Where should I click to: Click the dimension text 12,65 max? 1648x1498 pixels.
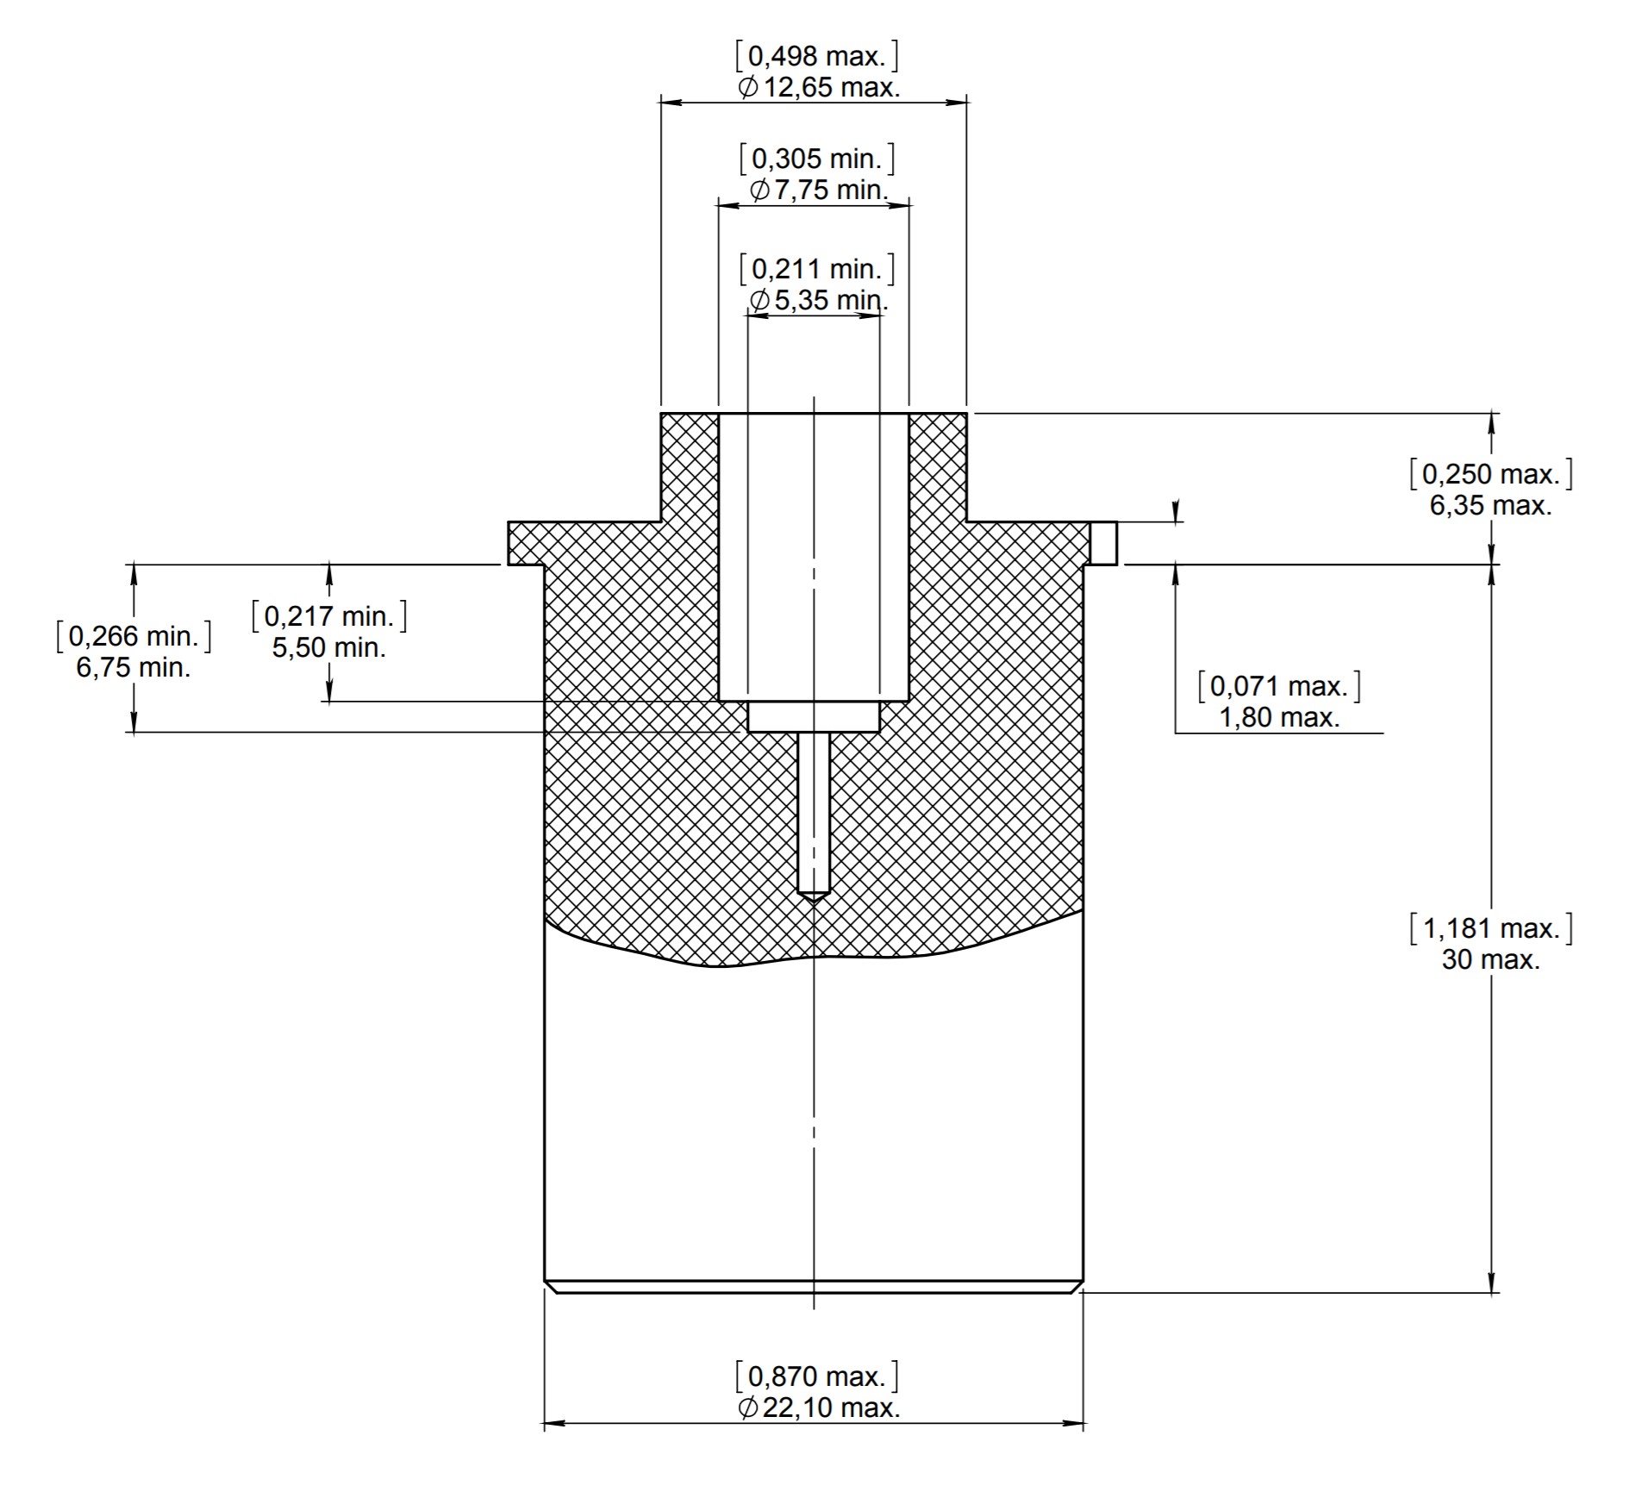coord(831,87)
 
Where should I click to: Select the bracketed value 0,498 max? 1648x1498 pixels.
coord(817,57)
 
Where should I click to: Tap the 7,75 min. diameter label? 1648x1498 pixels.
coord(830,190)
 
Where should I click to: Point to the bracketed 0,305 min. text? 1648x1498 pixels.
coord(817,159)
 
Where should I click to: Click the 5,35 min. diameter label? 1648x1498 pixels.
coord(830,300)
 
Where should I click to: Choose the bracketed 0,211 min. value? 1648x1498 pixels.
coord(817,269)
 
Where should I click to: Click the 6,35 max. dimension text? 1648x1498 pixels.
coord(1490,505)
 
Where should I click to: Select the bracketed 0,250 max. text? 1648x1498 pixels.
coord(1490,474)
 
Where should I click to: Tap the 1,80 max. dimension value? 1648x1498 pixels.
coord(1279,717)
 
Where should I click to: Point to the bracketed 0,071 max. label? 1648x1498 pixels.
coord(1279,686)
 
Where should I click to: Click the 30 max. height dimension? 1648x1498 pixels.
coord(1490,959)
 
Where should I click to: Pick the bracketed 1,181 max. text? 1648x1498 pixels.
coord(1490,928)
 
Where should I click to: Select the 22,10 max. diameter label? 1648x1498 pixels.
coord(831,1407)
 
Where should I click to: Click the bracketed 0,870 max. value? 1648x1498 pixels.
coord(817,1376)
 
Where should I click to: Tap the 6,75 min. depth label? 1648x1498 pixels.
coord(134,667)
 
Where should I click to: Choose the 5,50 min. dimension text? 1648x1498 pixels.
coord(329,647)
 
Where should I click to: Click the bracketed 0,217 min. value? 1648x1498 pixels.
coord(329,616)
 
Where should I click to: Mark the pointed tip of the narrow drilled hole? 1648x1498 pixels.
coord(814,902)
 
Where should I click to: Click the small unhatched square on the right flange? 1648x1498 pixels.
coord(1103,543)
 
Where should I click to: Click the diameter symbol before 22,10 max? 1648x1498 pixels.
coord(748,1407)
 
